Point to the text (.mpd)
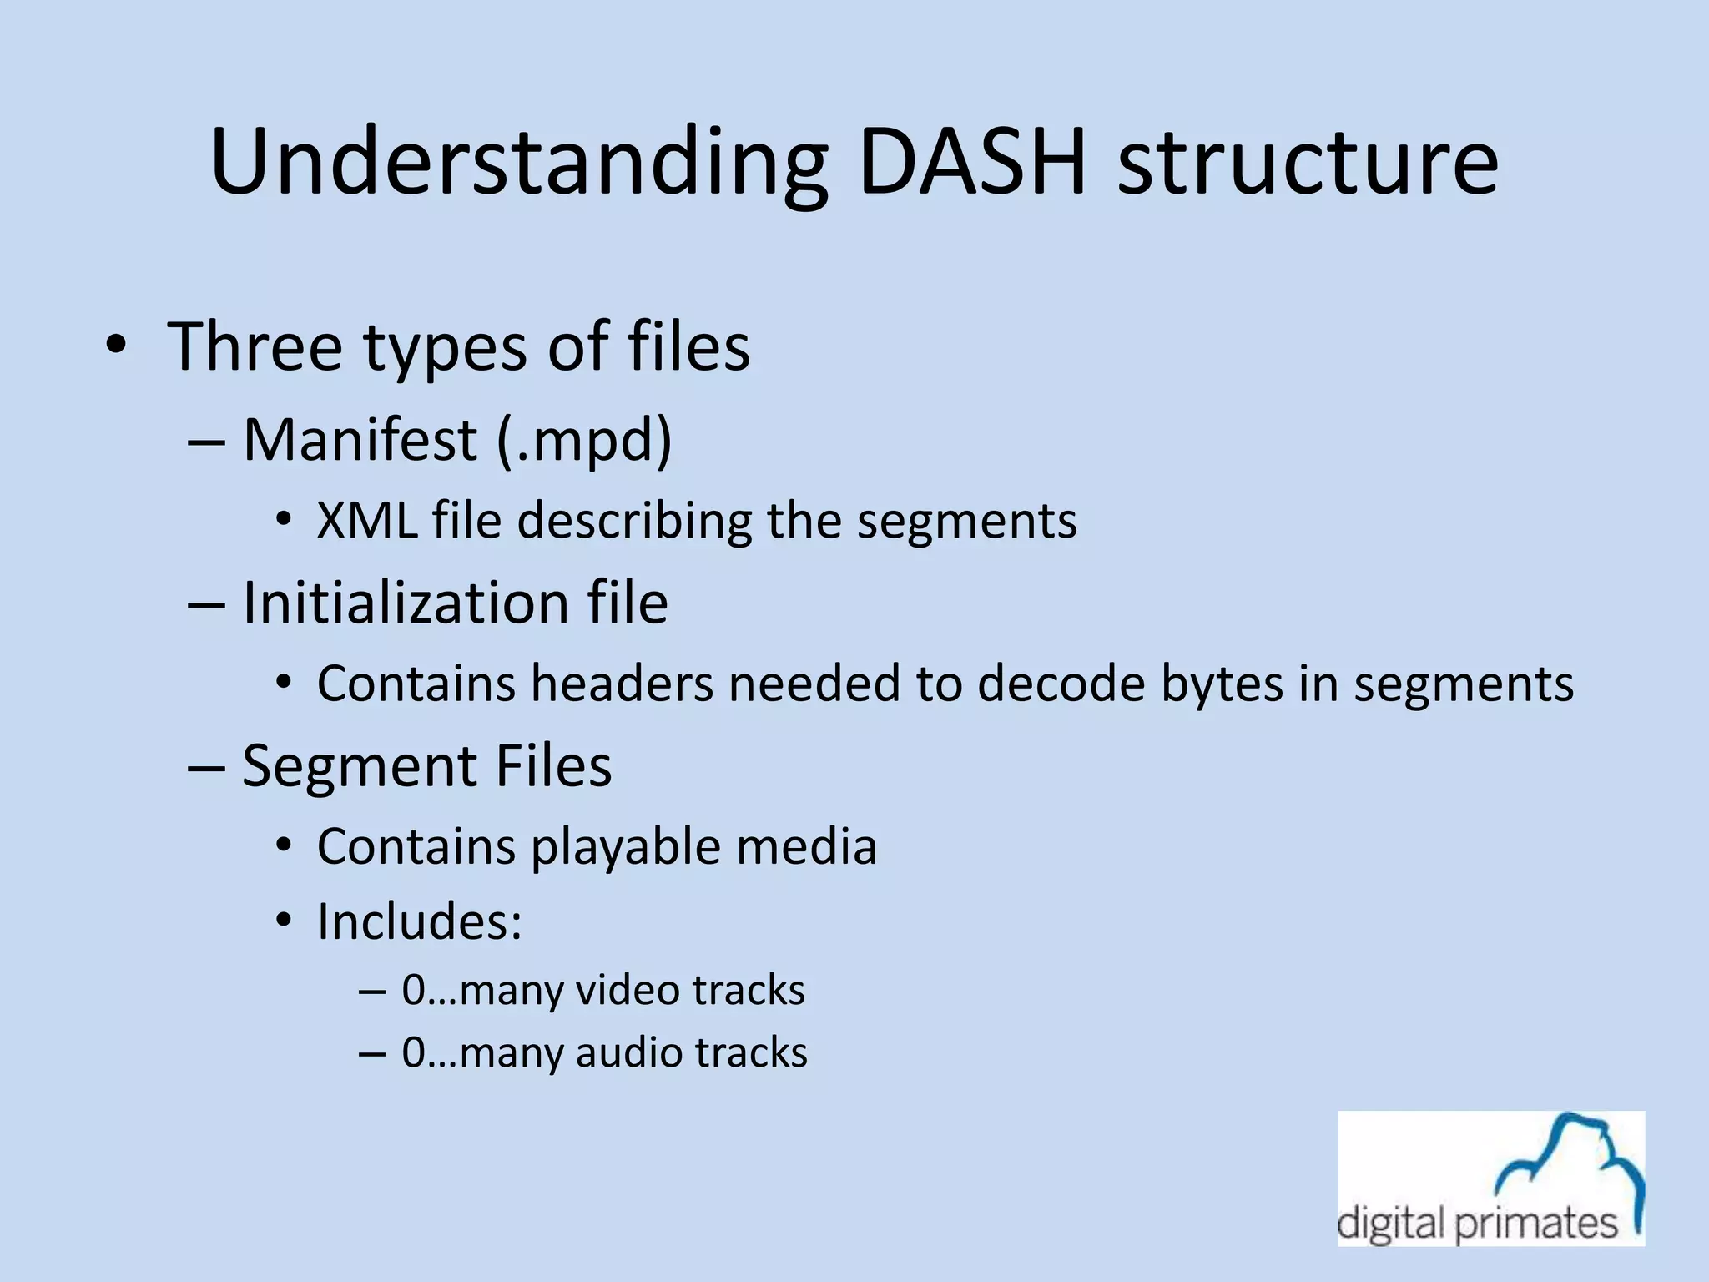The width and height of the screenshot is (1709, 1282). (584, 440)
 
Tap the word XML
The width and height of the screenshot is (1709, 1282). (366, 520)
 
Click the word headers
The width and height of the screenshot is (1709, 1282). (622, 683)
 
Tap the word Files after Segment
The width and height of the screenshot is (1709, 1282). (553, 765)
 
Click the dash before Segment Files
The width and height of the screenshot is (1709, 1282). (206, 766)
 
